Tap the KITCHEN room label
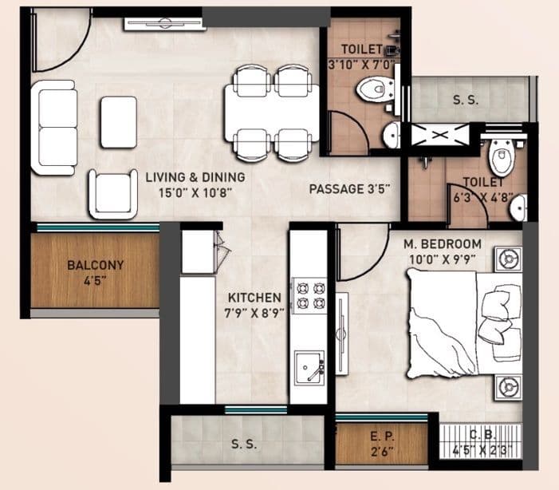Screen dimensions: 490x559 pyautogui.click(x=253, y=298)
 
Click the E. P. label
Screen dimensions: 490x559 pyautogui.click(x=381, y=438)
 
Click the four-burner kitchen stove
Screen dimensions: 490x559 pyautogui.click(x=309, y=294)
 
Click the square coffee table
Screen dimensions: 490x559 pyautogui.click(x=119, y=121)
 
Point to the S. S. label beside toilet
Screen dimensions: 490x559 pyautogui.click(x=465, y=101)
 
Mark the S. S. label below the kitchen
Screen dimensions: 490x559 pyautogui.click(x=242, y=444)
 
